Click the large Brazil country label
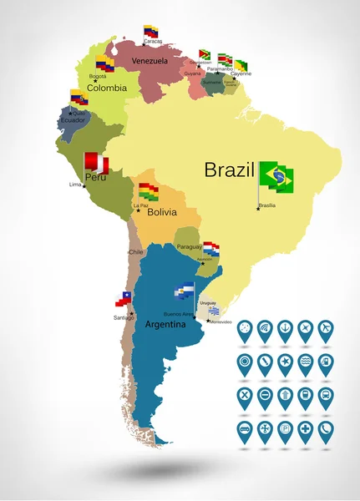[229, 170]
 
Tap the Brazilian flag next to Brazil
[276, 176]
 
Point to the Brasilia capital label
[267, 205]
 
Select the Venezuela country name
[150, 61]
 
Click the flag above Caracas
[151, 32]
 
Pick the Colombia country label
[107, 87]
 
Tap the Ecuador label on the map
[72, 119]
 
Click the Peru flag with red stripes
[96, 160]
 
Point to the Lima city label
[75, 184]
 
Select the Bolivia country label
[161, 212]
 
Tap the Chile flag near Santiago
[124, 298]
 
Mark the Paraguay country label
[190, 246]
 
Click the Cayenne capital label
[241, 73]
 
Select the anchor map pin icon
[285, 327]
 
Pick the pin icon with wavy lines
[306, 362]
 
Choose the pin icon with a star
[285, 362]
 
